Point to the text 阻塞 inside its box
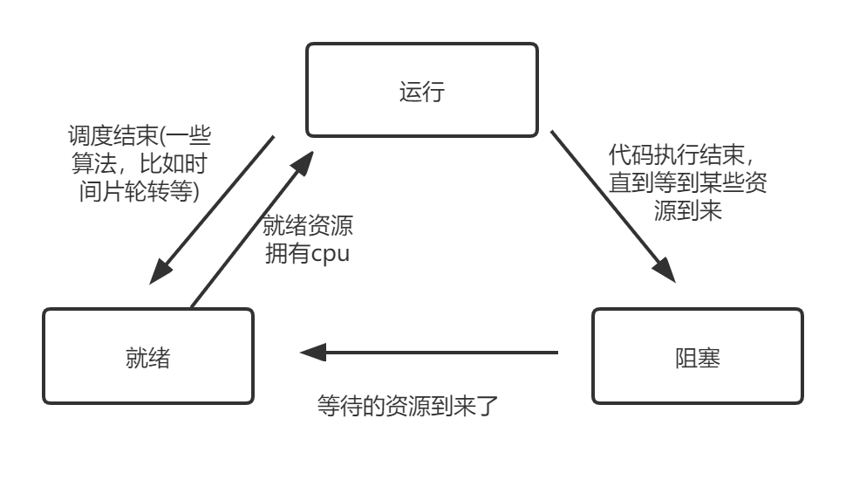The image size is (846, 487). coord(698,357)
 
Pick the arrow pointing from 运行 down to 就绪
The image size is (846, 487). coord(212,209)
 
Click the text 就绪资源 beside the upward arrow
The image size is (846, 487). coord(308,226)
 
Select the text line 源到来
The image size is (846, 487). coord(688,211)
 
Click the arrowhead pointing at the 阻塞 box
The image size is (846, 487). coord(666,273)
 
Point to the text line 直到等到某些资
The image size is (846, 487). coord(688,184)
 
